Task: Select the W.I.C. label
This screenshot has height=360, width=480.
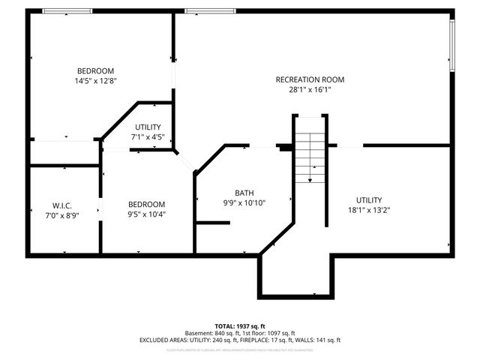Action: tap(61, 205)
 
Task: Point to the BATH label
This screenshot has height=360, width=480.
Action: tap(244, 192)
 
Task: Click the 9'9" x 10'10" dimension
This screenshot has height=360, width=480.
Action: tap(244, 202)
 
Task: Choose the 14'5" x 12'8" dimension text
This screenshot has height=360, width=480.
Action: tap(94, 80)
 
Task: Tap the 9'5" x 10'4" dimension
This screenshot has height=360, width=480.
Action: tap(146, 214)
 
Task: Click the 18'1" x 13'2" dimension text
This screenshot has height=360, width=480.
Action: tap(368, 210)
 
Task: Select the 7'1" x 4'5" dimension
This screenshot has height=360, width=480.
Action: tap(147, 137)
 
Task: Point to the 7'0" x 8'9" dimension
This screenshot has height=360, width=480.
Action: tap(61, 215)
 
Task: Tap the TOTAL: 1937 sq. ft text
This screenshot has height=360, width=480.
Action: tap(239, 326)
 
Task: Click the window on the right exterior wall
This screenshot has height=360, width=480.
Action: tap(452, 45)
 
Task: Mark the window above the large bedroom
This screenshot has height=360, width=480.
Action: tap(67, 10)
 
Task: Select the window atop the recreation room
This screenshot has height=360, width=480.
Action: tap(209, 10)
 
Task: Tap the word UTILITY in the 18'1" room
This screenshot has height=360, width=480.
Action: tap(368, 200)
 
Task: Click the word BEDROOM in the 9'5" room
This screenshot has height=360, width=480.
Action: tap(146, 204)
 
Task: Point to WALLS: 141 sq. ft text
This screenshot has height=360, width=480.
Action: tap(319, 340)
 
